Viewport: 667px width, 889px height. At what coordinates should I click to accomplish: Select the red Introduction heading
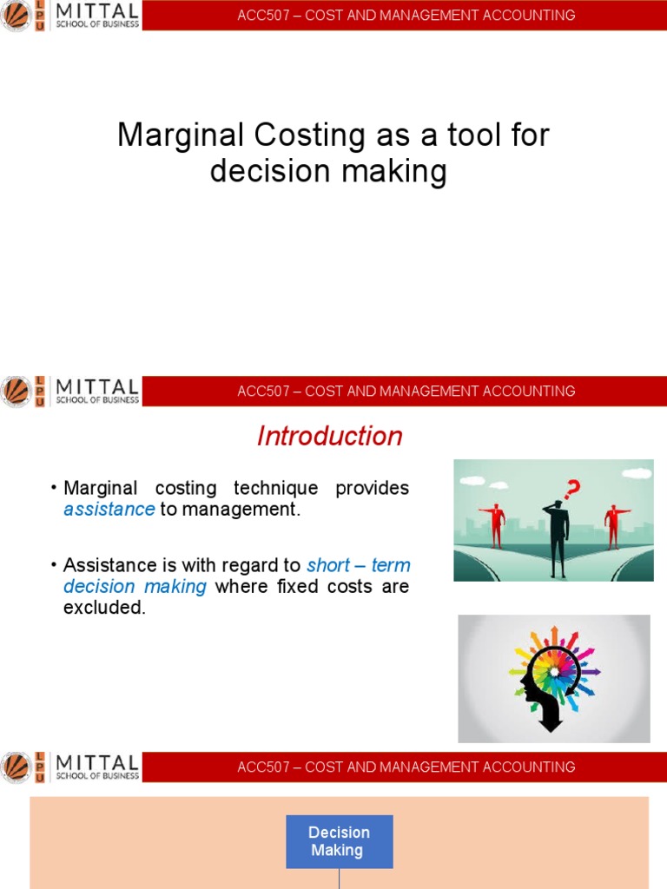tap(330, 436)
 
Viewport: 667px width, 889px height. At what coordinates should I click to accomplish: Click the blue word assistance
tap(109, 510)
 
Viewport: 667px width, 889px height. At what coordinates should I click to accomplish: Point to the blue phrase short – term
tap(359, 565)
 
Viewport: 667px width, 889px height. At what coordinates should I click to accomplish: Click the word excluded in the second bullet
tap(103, 608)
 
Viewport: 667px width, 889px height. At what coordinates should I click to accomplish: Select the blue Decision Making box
tap(339, 841)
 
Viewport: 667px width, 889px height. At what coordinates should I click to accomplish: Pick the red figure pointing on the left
tap(495, 524)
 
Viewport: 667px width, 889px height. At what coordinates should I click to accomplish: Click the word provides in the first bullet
tap(372, 488)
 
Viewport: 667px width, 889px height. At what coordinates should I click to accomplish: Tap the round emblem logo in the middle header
tap(16, 391)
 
